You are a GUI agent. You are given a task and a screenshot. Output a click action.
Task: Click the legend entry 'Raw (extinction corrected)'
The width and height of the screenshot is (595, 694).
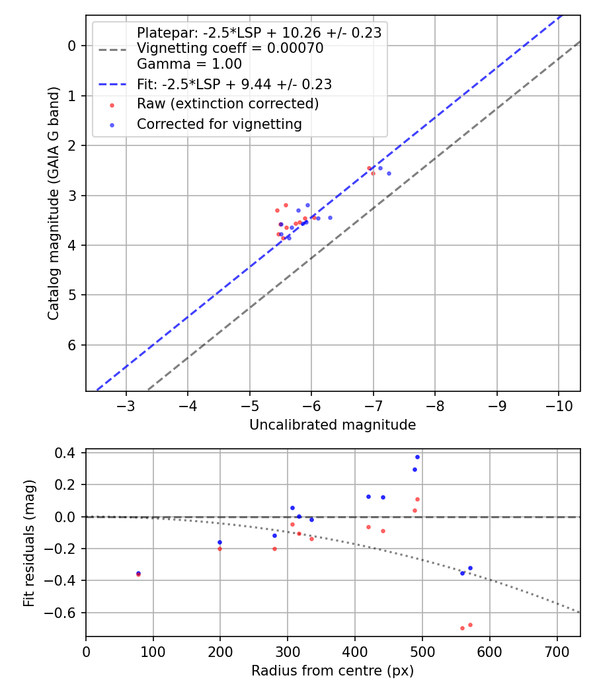tap(227, 104)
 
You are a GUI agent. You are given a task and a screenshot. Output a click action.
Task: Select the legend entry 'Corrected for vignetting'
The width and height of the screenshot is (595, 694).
tap(219, 124)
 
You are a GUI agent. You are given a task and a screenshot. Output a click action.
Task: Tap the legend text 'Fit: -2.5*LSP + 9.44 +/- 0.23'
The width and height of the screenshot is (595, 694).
tap(234, 84)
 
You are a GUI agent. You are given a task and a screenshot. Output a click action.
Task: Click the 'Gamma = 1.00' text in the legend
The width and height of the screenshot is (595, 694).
tap(189, 64)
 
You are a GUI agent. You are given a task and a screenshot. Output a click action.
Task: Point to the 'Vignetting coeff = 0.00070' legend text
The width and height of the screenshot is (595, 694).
tap(230, 49)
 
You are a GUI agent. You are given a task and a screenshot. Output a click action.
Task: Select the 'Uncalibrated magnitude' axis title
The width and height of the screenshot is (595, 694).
tap(333, 425)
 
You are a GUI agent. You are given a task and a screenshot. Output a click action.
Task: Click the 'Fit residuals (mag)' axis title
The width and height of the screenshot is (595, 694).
tap(29, 543)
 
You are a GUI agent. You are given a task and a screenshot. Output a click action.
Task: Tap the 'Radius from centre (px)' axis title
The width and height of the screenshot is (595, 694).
tap(333, 671)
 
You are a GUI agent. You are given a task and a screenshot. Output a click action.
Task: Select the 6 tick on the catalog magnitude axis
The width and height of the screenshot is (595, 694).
tap(72, 345)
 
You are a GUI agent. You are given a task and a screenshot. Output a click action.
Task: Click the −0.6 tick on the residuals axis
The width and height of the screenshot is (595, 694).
tap(65, 613)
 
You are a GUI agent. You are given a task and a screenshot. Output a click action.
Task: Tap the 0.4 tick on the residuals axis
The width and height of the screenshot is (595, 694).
tap(69, 453)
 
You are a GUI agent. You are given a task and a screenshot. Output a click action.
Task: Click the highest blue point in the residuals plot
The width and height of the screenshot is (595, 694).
tap(417, 457)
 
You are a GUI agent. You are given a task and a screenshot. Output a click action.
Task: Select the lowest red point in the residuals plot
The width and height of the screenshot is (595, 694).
tap(462, 628)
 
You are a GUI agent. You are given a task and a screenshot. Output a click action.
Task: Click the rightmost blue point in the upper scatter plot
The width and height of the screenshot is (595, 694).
tap(389, 173)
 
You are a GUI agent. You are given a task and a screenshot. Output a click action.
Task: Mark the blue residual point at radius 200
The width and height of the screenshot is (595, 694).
tap(220, 542)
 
